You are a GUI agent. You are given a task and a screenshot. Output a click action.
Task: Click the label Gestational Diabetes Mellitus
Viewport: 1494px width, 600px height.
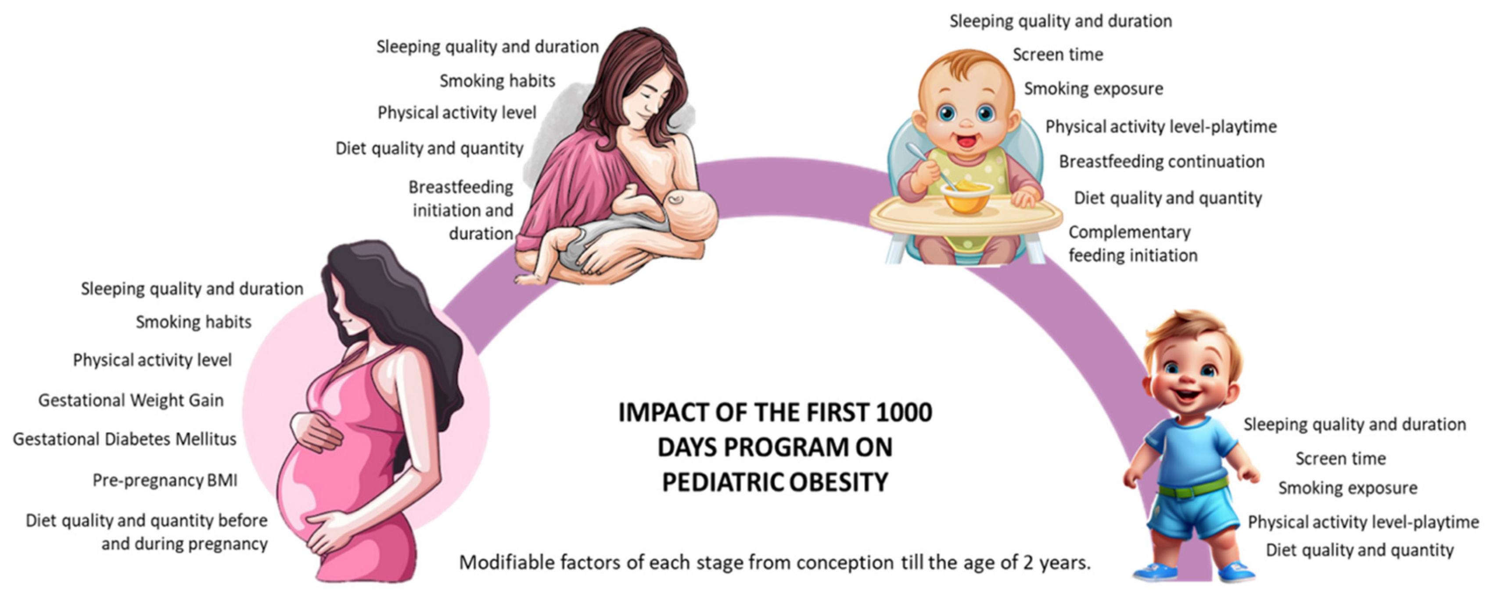point(125,439)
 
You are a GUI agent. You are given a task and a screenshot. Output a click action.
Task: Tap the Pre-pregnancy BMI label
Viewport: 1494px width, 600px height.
point(165,481)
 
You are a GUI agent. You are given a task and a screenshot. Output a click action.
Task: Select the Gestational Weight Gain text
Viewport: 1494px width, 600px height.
point(131,400)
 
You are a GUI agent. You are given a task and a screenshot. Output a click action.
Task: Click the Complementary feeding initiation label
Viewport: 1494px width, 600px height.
point(1133,243)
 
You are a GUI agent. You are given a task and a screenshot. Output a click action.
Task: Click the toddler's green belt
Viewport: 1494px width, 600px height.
point(1194,489)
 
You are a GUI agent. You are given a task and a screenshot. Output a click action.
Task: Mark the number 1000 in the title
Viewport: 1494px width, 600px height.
point(904,412)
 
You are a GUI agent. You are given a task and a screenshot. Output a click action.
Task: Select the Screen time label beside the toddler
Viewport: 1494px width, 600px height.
point(1341,458)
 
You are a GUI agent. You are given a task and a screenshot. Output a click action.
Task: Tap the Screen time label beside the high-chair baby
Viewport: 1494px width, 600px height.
point(1058,54)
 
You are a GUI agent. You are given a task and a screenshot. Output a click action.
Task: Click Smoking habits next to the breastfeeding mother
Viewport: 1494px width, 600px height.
point(497,81)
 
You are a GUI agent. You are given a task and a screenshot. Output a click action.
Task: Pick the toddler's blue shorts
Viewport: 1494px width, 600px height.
point(1194,513)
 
